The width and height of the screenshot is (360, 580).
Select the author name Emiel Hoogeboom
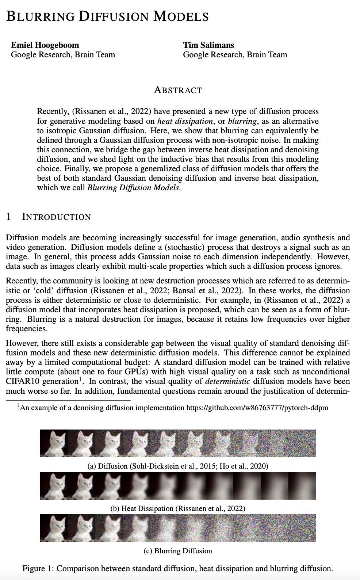point(45,45)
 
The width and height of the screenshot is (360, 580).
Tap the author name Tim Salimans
point(208,45)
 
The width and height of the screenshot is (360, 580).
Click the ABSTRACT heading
point(178,90)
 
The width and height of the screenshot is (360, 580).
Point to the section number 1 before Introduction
point(9,217)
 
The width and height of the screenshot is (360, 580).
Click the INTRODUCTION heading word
point(56,217)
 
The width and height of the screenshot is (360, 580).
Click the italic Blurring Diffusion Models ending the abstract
point(134,188)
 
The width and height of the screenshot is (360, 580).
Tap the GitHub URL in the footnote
point(257,408)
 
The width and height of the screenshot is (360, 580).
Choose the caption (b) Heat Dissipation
point(178,508)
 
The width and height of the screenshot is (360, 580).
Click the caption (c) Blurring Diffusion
point(178,550)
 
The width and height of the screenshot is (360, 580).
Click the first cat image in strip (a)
point(54,443)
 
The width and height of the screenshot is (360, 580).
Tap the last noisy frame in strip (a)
point(302,443)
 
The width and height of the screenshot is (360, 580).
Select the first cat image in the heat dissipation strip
point(54,485)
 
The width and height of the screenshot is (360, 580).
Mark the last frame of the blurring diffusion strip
point(302,528)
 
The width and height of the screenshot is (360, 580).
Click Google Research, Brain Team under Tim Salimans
point(235,55)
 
